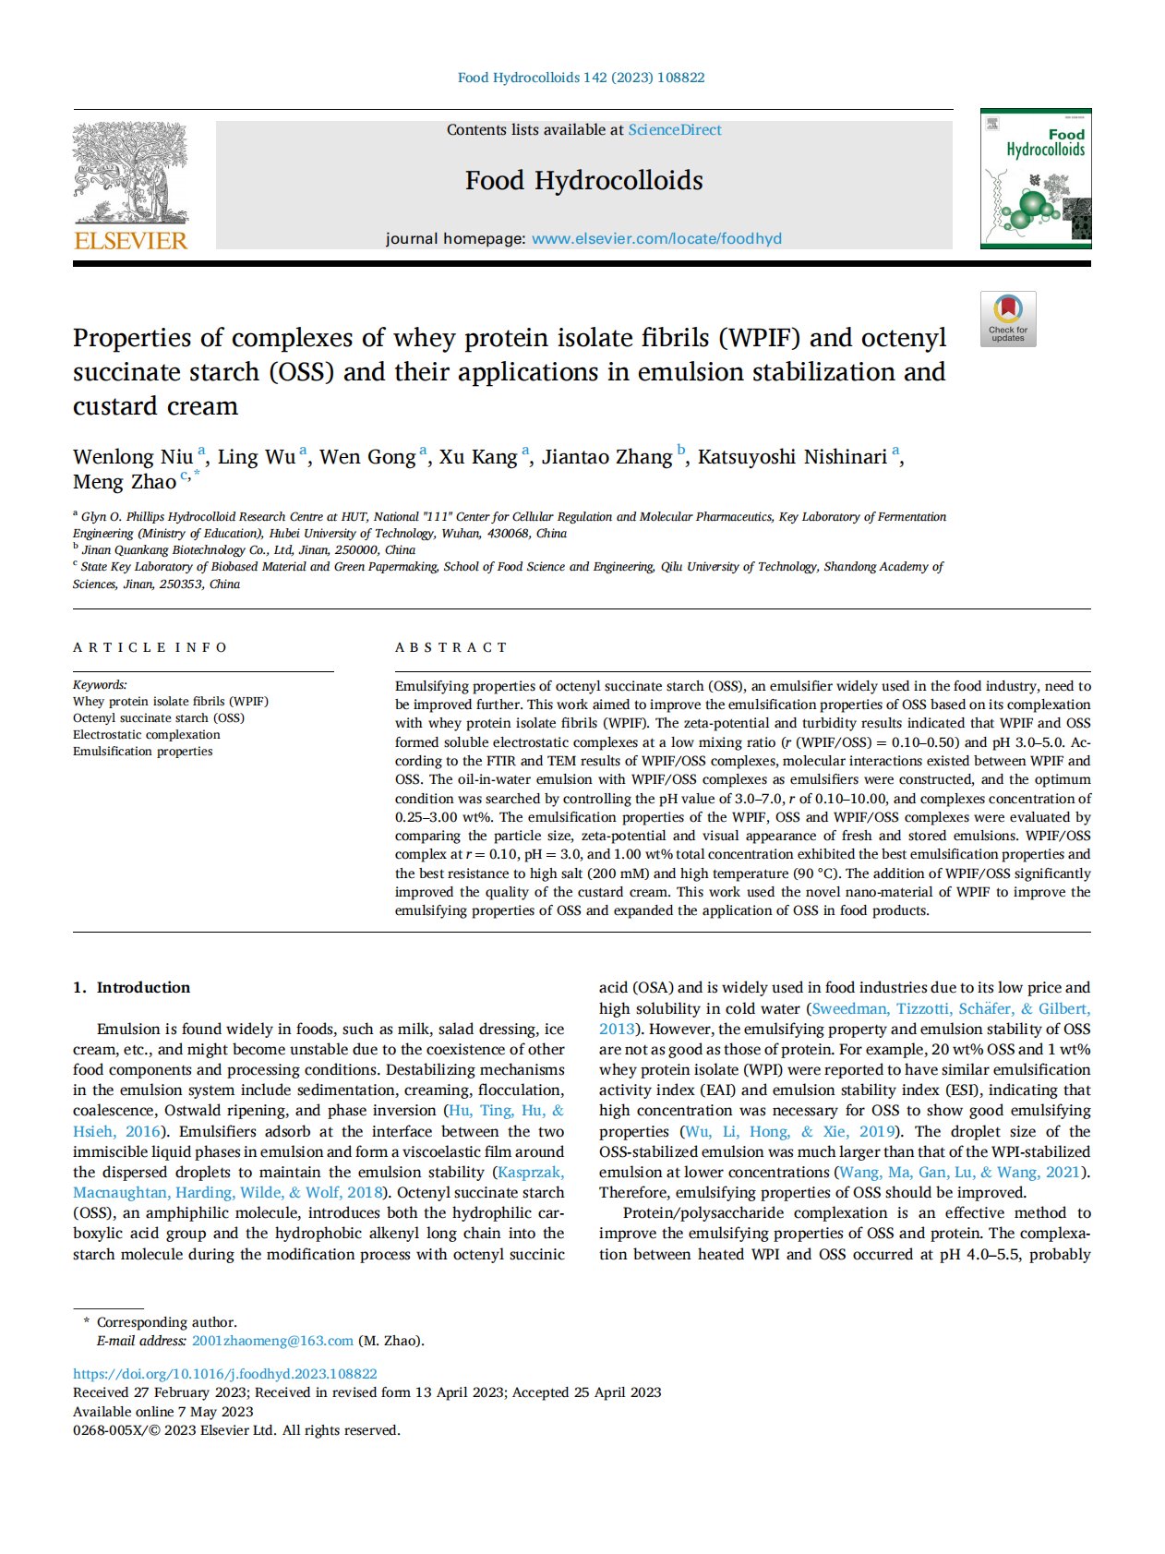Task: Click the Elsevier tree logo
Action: pos(130,173)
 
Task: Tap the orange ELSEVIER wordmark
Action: pos(130,241)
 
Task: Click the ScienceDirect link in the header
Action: pos(675,130)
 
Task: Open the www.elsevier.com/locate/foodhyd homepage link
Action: pos(656,238)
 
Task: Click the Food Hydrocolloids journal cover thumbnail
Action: pos(1035,179)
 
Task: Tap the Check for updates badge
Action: pos(1008,319)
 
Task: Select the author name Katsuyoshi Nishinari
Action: pos(792,457)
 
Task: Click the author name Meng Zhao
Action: pos(125,482)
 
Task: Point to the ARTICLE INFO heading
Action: pos(150,647)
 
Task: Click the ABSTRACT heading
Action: pos(451,647)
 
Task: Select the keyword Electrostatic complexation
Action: pos(147,735)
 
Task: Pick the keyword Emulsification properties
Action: pos(143,752)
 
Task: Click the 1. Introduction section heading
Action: pos(131,987)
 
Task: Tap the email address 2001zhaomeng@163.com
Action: pos(272,1341)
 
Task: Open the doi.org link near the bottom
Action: pos(225,1374)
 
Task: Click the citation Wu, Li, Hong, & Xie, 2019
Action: pos(790,1131)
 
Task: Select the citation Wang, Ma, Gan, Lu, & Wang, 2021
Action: pos(960,1172)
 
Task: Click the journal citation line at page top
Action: pos(582,78)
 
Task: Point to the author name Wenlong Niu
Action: pos(133,457)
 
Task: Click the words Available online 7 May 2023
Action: pos(163,1411)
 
